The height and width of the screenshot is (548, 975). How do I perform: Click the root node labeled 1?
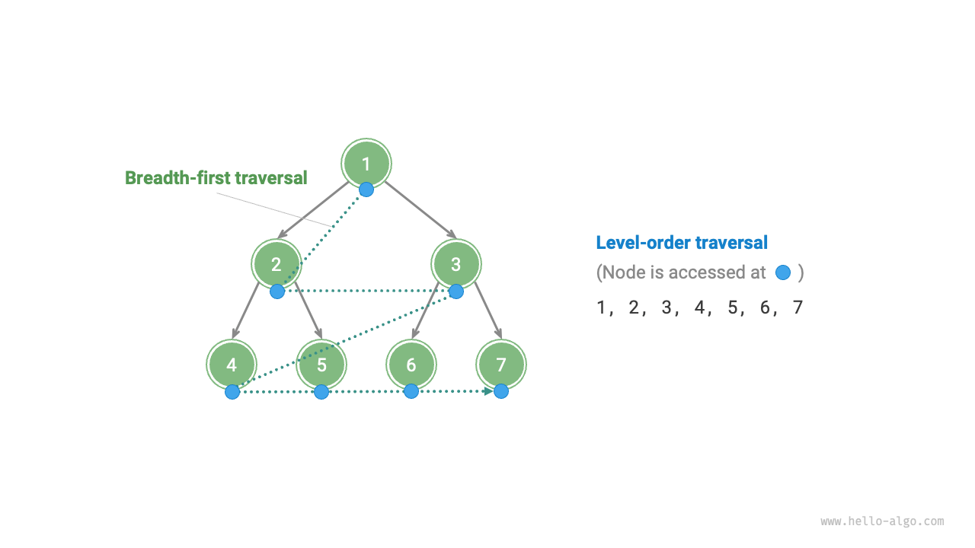click(x=366, y=163)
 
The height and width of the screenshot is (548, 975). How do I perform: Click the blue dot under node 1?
click(x=366, y=189)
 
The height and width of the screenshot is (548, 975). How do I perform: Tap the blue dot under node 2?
click(x=277, y=291)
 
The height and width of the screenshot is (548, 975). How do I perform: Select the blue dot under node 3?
click(x=456, y=291)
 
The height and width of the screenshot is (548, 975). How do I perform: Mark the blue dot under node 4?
click(x=232, y=392)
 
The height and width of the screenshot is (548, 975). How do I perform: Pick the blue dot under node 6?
click(x=411, y=391)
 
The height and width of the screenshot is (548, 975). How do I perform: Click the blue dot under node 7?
click(x=500, y=391)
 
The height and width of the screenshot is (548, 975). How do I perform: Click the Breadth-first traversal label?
click(x=216, y=178)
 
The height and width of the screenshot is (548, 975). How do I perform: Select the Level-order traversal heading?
click(x=682, y=243)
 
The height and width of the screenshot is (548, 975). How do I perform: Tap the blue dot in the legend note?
click(x=782, y=272)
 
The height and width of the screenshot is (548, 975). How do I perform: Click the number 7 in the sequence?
click(x=798, y=308)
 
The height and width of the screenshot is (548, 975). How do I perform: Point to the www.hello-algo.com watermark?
click(x=882, y=521)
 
